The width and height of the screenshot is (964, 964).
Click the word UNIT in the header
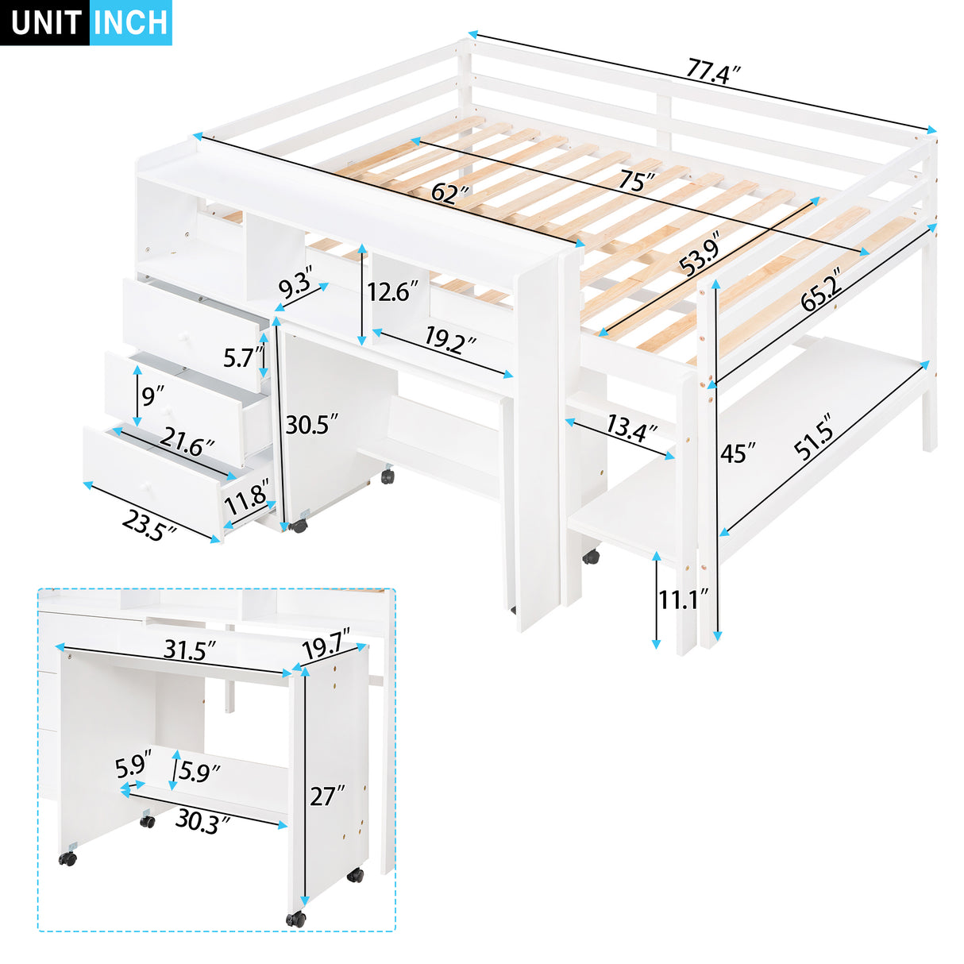(46, 23)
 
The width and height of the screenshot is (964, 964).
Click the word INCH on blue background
(130, 23)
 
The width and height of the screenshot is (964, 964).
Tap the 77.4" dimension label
(713, 71)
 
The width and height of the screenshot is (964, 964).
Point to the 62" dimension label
(450, 193)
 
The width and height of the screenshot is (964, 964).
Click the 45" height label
(738, 453)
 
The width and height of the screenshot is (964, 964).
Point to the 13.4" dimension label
(631, 429)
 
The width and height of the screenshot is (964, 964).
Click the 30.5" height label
(312, 424)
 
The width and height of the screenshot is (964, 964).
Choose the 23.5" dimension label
(148, 525)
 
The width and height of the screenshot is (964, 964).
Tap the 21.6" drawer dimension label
(187, 442)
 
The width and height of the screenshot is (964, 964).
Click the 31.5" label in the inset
(190, 650)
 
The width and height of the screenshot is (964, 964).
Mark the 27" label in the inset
(327, 795)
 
